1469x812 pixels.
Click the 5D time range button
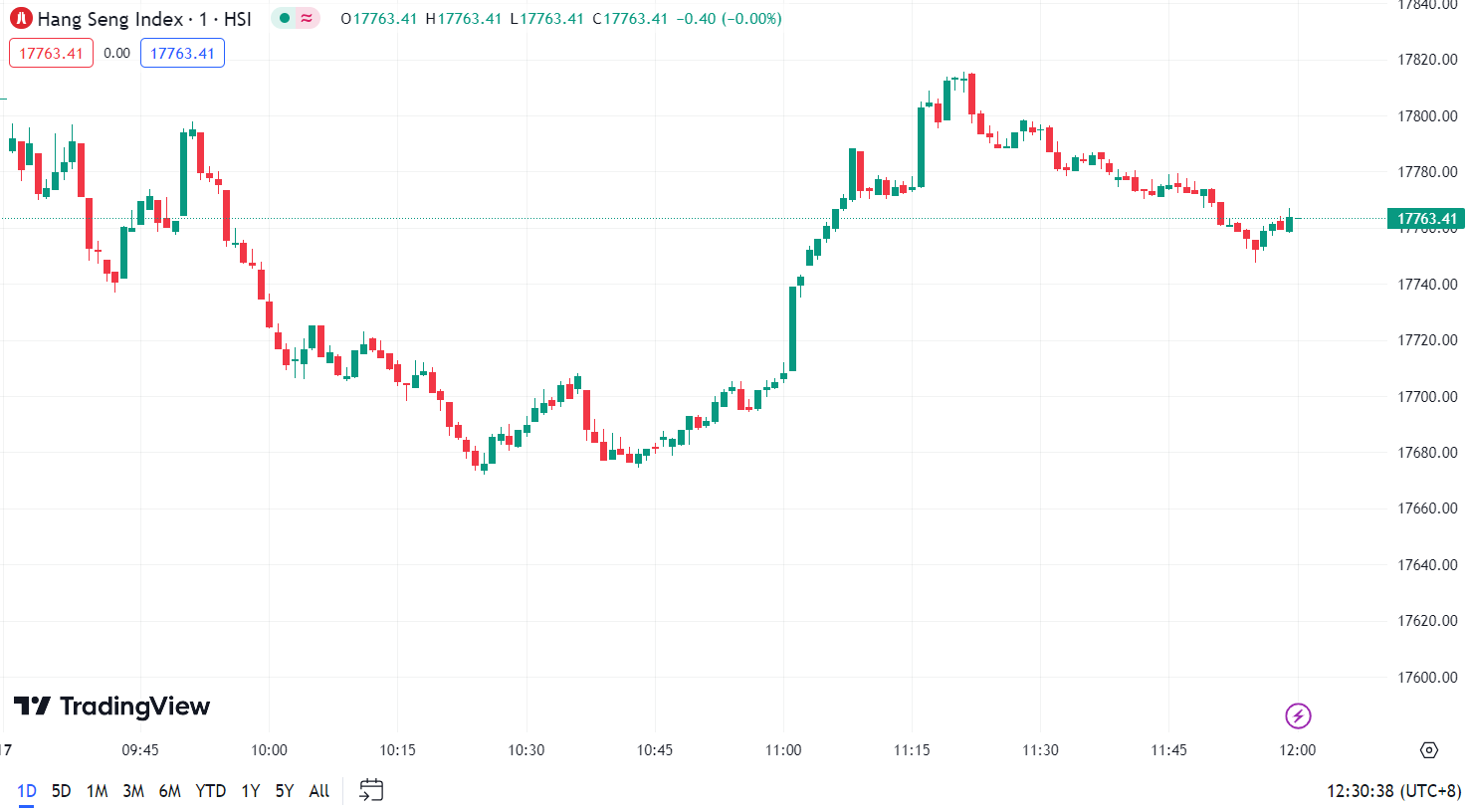[61, 791]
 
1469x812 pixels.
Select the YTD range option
[210, 791]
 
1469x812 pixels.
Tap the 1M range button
[97, 791]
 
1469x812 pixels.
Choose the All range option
[318, 791]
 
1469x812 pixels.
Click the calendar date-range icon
[371, 790]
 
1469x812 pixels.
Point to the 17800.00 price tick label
[1427, 116]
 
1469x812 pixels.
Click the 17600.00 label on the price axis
[1427, 678]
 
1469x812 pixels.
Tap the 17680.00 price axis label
[1427, 453]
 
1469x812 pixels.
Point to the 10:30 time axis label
[526, 750]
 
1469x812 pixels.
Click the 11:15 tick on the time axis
[912, 750]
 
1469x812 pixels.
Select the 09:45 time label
[140, 750]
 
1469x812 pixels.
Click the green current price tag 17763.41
[1426, 219]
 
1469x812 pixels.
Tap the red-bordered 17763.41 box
[51, 54]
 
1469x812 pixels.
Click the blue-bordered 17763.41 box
[182, 54]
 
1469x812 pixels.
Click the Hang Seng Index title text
[109, 19]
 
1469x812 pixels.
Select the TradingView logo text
[134, 707]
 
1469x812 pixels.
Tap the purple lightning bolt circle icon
[1298, 715]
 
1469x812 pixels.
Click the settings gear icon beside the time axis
[1429, 750]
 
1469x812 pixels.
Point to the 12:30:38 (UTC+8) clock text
[1393, 791]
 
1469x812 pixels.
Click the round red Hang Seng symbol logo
[21, 18]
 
